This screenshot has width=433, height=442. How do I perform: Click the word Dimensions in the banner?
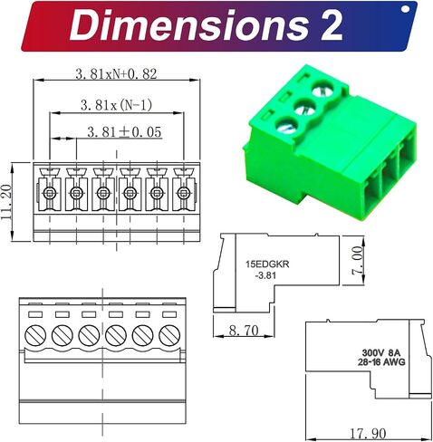coord(188,25)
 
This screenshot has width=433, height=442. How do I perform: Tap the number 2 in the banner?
coord(332,25)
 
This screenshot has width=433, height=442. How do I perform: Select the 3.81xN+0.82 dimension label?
coord(116,73)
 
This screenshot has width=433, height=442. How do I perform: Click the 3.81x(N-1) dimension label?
coord(116,105)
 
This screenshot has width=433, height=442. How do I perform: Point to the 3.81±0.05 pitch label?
coord(124,132)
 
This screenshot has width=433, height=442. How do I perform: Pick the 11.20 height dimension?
coord(6,202)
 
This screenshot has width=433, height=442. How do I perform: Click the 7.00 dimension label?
coord(357,261)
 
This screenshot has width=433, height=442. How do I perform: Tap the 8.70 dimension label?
coord(244,331)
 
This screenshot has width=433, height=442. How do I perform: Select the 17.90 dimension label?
coord(368,434)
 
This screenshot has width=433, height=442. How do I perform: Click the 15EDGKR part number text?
coord(267,264)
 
